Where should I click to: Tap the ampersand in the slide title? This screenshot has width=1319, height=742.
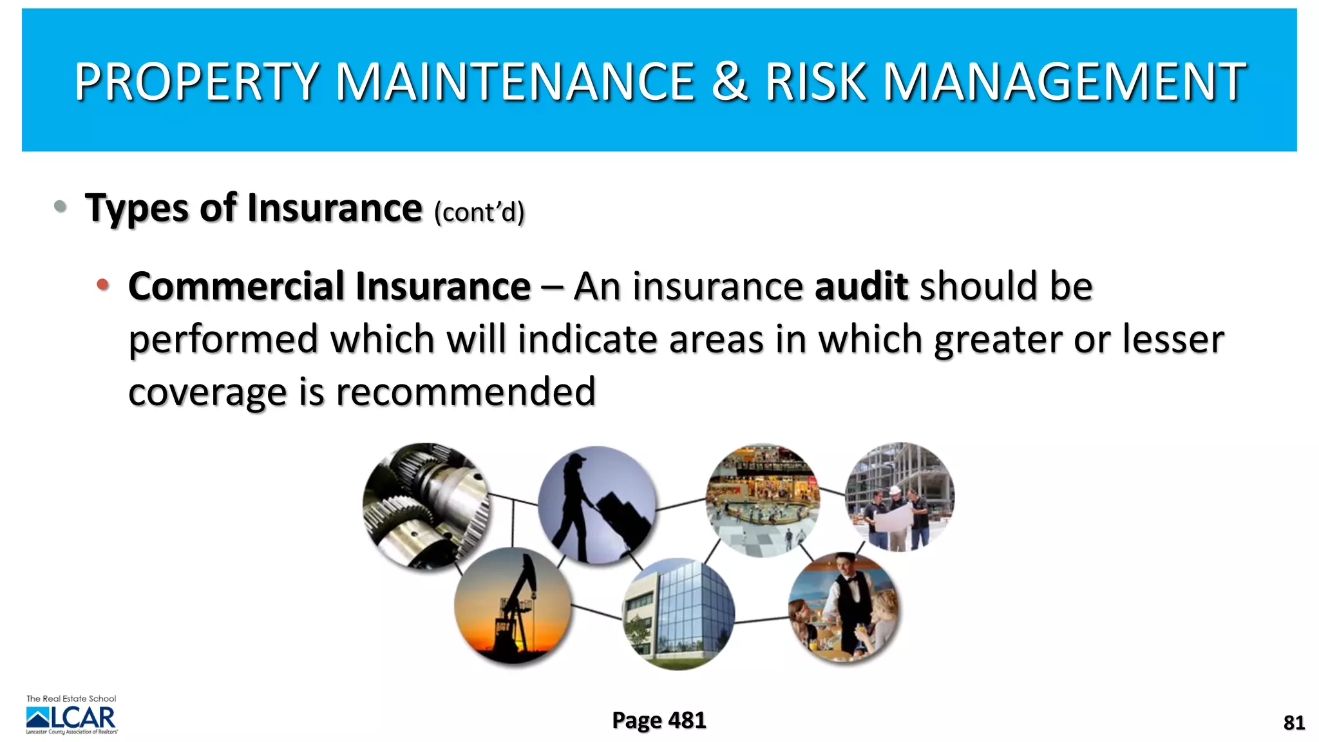(729, 82)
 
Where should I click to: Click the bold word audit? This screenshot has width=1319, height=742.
(861, 286)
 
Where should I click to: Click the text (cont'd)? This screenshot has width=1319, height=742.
(479, 212)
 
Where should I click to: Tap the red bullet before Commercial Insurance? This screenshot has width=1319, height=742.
(102, 284)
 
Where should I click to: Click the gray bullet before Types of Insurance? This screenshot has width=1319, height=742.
(61, 206)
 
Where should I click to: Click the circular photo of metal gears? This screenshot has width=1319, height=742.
(425, 505)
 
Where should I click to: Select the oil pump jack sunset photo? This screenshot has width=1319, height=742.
(513, 605)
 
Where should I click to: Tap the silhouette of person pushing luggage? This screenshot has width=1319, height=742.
(596, 505)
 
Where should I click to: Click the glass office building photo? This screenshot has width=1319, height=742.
(678, 614)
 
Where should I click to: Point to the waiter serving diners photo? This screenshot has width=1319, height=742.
(844, 607)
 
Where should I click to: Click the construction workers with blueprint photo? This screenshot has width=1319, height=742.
(900, 497)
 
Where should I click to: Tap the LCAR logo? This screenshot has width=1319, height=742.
(71, 717)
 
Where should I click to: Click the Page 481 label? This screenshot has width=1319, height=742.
(659, 720)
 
